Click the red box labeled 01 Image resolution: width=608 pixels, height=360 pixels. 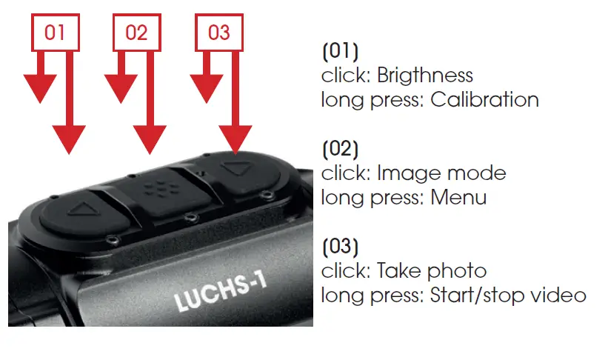coord(55,33)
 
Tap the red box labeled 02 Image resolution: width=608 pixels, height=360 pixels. coord(137,33)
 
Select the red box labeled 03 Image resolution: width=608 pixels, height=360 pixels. coord(218,33)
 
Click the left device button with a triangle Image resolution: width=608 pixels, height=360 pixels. coord(76,210)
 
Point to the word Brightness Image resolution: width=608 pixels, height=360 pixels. coord(424,76)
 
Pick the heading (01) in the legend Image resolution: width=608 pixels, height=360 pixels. coord(340,52)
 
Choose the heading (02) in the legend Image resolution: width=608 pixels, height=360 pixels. coord(340,150)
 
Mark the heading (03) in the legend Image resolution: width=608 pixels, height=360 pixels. coord(340,247)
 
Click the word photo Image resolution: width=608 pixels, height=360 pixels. coord(461,272)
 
